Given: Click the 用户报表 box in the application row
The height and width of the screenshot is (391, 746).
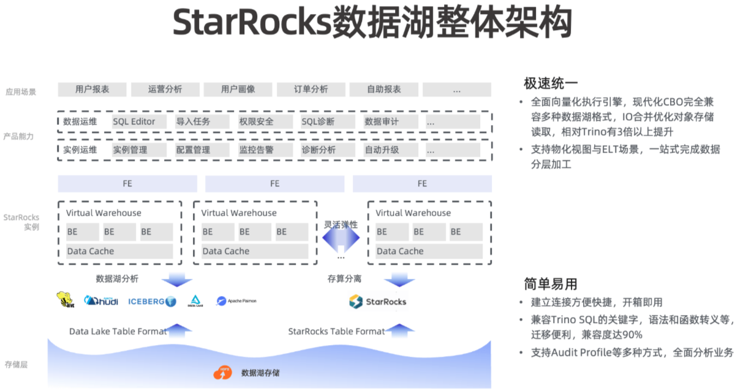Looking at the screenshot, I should [92, 89].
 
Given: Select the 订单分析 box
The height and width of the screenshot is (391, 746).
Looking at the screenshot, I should [311, 89].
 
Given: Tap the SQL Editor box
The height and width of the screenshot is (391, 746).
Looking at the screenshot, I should [134, 121].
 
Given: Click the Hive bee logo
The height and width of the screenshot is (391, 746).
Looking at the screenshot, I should [65, 300].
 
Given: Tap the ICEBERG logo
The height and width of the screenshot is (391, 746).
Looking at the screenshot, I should [152, 301].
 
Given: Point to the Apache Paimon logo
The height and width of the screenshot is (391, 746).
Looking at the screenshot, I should [236, 301].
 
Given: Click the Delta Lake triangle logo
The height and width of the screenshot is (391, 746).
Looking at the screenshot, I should [196, 300].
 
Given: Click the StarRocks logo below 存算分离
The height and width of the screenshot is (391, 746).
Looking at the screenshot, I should [377, 301].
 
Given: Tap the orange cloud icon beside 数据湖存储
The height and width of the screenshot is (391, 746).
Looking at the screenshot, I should [222, 372].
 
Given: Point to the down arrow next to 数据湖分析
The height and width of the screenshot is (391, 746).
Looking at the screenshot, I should [177, 279].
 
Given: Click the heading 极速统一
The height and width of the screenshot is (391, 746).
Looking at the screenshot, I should [551, 84].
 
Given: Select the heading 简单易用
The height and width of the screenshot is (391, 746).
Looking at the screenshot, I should [551, 284].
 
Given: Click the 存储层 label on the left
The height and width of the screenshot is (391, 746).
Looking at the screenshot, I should [17, 364].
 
